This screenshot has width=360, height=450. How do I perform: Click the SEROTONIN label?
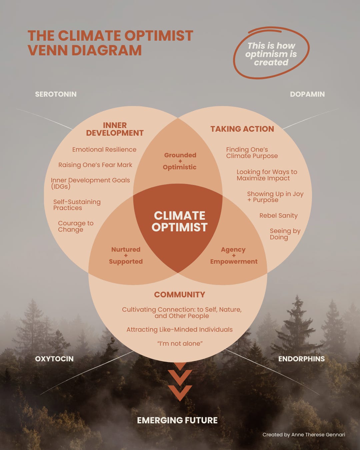click(x=56, y=94)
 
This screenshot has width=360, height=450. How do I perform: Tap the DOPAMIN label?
click(x=307, y=94)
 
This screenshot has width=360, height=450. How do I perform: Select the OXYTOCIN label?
click(x=54, y=359)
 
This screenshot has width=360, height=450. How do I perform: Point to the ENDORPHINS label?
click(x=301, y=359)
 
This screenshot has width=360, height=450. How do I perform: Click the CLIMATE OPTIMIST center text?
click(x=180, y=221)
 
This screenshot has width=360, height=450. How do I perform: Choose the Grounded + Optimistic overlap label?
click(x=180, y=161)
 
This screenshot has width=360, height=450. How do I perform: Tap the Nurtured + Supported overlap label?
click(x=126, y=255)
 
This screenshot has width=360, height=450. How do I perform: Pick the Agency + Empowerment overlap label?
click(x=234, y=255)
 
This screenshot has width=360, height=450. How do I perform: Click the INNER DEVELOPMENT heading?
click(x=115, y=129)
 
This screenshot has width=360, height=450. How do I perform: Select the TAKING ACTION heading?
click(x=242, y=129)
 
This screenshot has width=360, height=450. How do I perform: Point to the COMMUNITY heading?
click(x=179, y=295)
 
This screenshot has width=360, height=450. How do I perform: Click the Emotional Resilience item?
click(x=104, y=150)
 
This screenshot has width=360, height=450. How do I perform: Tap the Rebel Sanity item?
click(x=278, y=216)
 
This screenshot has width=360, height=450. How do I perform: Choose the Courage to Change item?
click(x=75, y=226)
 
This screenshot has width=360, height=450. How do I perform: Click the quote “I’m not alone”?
click(x=180, y=344)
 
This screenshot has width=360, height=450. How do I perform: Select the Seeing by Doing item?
click(x=285, y=234)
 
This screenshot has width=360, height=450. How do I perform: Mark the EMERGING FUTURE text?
click(x=177, y=420)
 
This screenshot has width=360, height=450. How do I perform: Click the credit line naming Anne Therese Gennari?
click(x=304, y=435)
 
